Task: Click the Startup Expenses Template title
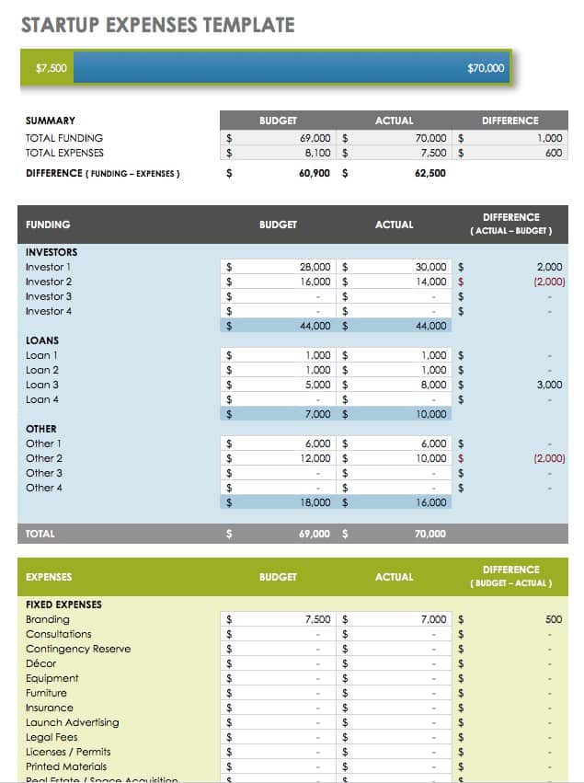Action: coord(158,24)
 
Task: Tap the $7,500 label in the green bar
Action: coord(51,68)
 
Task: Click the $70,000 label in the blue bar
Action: coord(486,68)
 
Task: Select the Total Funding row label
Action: coord(64,138)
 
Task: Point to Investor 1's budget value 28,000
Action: coord(315,267)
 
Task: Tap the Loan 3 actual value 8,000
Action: coord(431,385)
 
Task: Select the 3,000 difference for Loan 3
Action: coord(549,385)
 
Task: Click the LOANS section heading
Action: coord(42,340)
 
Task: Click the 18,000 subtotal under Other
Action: coord(315,502)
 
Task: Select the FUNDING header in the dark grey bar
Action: coord(48,225)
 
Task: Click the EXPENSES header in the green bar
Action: coord(49,577)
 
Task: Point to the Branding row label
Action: coord(48,620)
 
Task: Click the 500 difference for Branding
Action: coord(553,620)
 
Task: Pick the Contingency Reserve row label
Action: coord(78,650)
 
